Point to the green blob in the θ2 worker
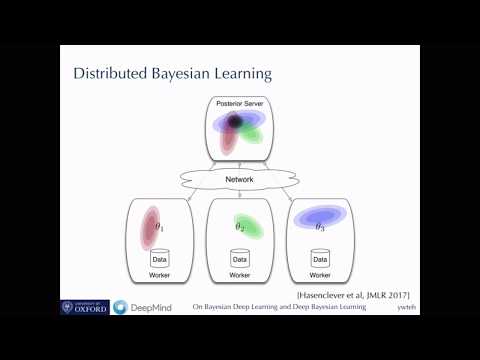tap(243, 225)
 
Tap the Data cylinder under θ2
tap(240, 257)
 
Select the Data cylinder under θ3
tap(320, 257)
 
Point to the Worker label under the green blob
tap(240, 274)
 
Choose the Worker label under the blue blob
tap(320, 274)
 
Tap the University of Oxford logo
tap(84, 309)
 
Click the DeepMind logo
tap(140, 309)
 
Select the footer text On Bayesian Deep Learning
tap(279, 309)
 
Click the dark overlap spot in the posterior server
tap(235, 122)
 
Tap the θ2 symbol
tap(239, 228)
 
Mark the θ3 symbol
tap(320, 228)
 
